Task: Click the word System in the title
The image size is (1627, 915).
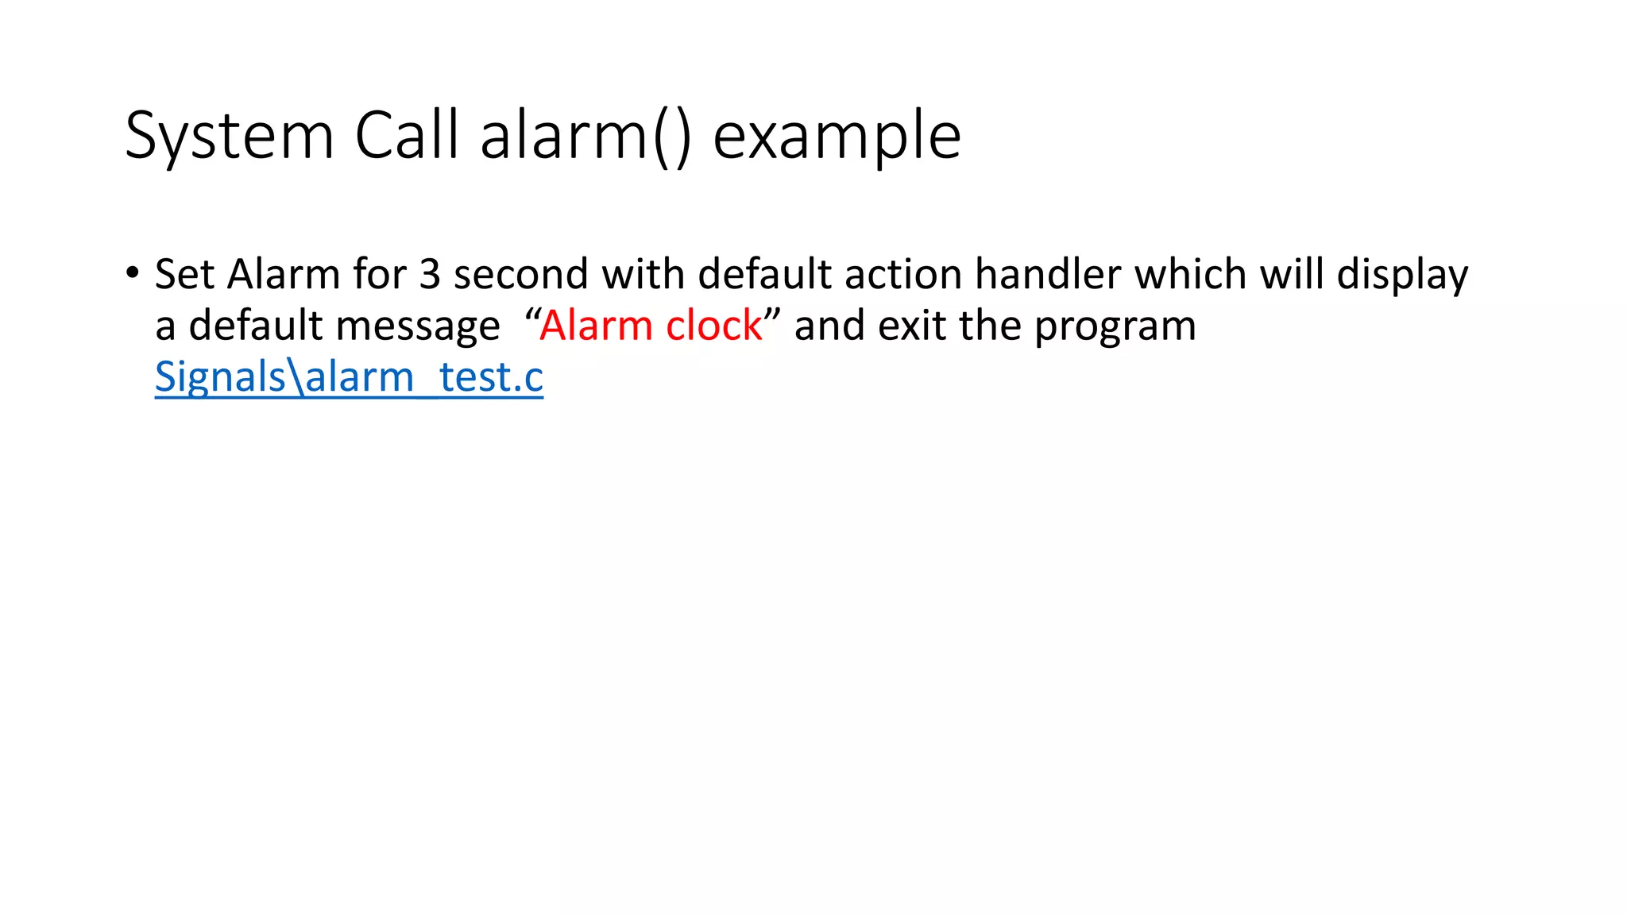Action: pyautogui.click(x=229, y=137)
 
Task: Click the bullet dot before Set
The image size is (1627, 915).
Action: pyautogui.click(x=132, y=273)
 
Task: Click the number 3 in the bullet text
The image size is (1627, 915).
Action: pyautogui.click(x=430, y=274)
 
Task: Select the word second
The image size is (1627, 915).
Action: pyautogui.click(x=520, y=274)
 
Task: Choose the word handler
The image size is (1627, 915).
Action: pyautogui.click(x=1048, y=274)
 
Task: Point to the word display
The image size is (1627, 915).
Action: pyautogui.click(x=1403, y=276)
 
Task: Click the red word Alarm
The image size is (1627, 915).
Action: pyautogui.click(x=596, y=326)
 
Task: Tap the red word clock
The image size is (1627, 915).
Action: pyautogui.click(x=713, y=326)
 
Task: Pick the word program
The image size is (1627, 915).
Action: pyautogui.click(x=1115, y=327)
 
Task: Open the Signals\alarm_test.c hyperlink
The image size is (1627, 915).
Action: pyautogui.click(x=349, y=377)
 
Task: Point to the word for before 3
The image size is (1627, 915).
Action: pyautogui.click(x=380, y=274)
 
